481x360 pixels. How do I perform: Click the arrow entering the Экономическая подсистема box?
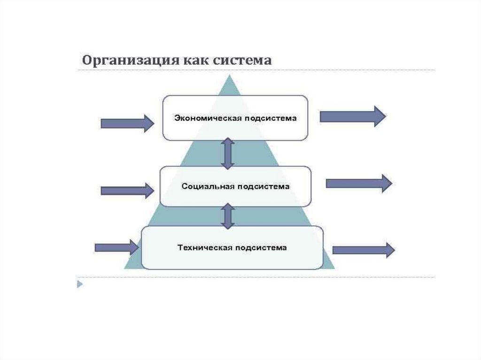(x=127, y=123)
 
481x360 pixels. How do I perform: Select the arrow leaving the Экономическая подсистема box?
(x=352, y=116)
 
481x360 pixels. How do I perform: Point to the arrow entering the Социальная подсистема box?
(x=127, y=191)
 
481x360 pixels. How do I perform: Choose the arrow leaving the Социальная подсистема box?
(x=358, y=184)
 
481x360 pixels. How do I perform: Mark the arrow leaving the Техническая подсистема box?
(x=363, y=250)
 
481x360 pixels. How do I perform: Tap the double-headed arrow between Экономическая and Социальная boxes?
(x=228, y=153)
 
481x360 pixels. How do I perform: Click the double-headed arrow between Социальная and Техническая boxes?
(x=228, y=216)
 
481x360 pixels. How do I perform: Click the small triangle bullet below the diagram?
(x=80, y=284)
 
